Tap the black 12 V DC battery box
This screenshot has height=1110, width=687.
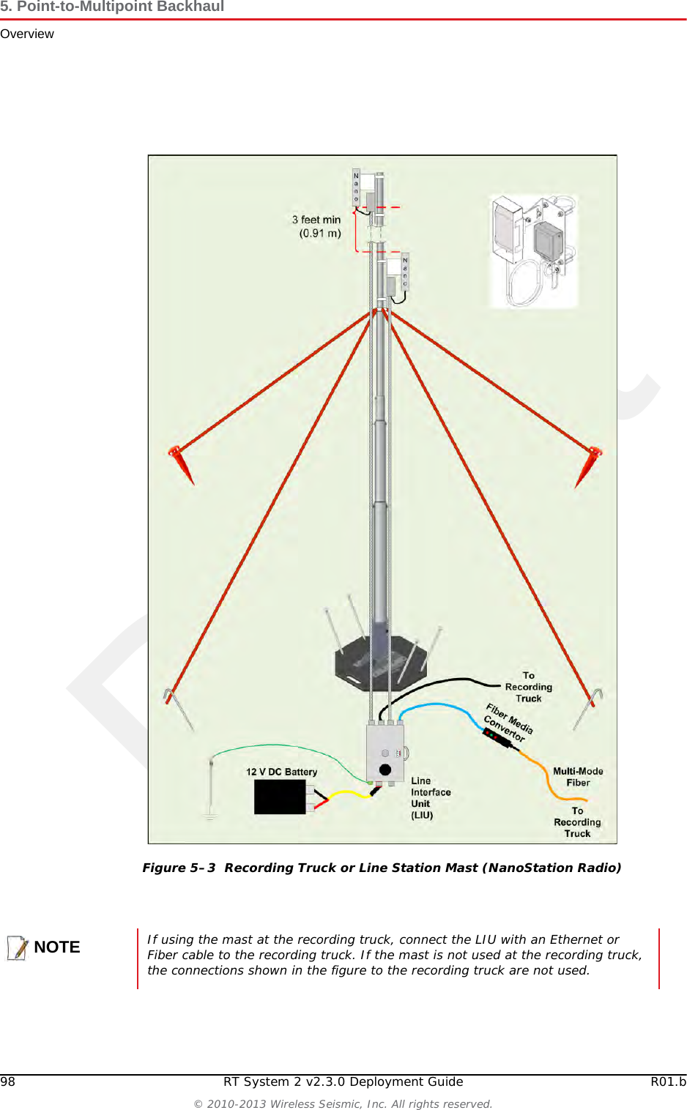click(280, 797)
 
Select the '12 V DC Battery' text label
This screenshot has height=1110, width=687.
click(281, 772)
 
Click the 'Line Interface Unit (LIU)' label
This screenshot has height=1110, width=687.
click(430, 798)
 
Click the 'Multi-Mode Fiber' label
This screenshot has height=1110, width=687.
click(578, 777)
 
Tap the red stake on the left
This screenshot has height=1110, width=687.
click(180, 463)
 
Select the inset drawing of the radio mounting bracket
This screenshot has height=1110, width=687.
click(534, 251)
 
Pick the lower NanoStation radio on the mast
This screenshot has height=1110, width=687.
click(397, 277)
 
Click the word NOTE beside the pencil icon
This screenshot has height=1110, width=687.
click(56, 947)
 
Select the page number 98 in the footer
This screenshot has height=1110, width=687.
click(7, 1081)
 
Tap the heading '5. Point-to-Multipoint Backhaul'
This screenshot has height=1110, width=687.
click(112, 7)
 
